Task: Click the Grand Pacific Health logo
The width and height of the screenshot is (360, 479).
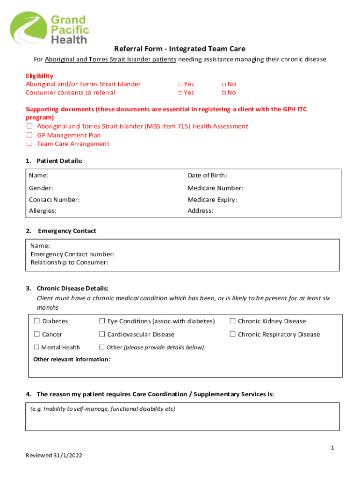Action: pos(50,28)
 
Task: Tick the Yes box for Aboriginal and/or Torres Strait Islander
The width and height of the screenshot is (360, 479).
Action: pos(180,84)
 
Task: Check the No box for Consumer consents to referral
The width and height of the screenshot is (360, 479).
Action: pos(224,93)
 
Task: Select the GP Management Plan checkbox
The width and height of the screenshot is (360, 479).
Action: pos(29,135)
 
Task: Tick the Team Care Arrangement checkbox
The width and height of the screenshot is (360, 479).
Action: pos(29,144)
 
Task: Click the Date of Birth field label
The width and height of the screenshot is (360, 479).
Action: pos(207,176)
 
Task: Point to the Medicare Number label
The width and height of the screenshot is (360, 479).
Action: pos(215,188)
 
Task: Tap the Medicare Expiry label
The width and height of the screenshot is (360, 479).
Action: pos(212,200)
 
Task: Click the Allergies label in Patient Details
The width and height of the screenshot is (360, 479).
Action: pos(43,211)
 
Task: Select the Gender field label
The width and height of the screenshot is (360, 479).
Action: pos(41,188)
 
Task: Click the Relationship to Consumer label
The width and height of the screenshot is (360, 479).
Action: pos(69,262)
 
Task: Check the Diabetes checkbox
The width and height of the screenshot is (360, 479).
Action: pos(36,321)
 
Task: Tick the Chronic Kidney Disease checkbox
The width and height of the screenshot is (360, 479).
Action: pos(232,321)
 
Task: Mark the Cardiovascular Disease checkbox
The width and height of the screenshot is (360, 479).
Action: pos(101,334)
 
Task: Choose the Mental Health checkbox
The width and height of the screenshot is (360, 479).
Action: pos(36,348)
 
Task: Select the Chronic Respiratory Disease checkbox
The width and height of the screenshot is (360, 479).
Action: pos(232,334)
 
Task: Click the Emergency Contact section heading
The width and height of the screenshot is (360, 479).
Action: pos(67,231)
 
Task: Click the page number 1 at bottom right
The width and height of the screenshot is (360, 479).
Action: pos(332,448)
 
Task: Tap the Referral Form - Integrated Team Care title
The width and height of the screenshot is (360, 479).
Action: pos(180,49)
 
